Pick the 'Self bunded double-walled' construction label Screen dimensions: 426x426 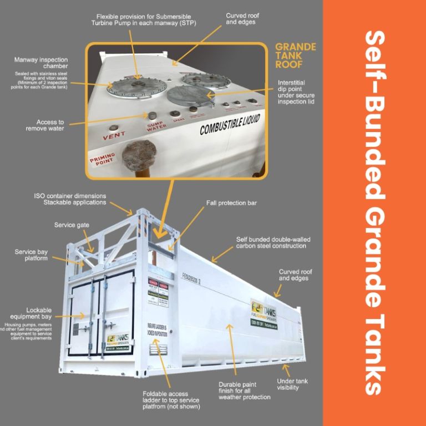click(271, 242)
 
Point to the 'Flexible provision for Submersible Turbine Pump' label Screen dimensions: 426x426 click(143, 20)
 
